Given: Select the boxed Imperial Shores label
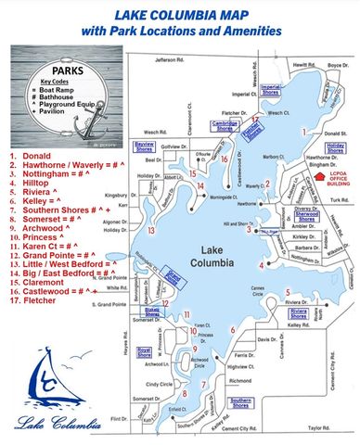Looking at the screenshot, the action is [269, 92].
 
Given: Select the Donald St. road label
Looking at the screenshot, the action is [336, 133].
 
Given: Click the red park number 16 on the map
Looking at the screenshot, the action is [225, 159].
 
